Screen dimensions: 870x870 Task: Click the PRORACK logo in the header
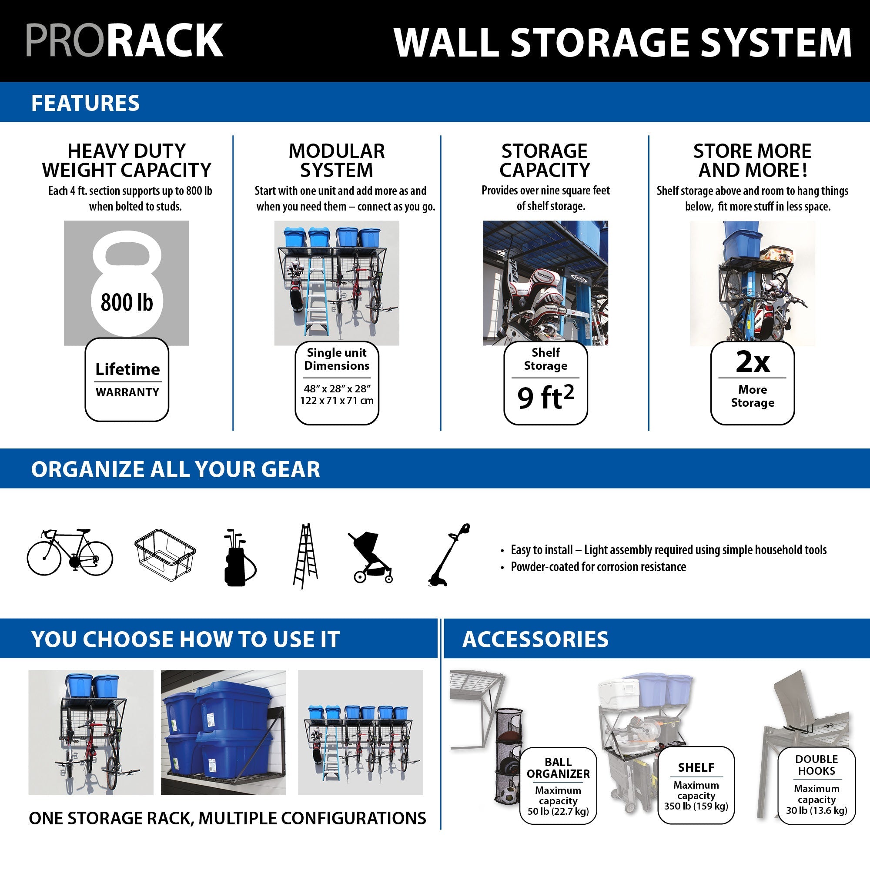[x=124, y=40]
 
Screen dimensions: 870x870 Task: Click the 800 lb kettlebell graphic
[x=127, y=284]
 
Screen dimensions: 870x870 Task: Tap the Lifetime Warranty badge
[x=127, y=380]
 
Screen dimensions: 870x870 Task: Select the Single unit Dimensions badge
[x=337, y=383]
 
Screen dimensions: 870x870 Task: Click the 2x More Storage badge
[x=752, y=383]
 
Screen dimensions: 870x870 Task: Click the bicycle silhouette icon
[x=70, y=552]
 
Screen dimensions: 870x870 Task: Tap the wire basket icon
[x=165, y=555]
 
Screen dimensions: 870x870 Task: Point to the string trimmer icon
[x=449, y=555]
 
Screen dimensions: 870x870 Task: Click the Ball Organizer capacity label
[x=558, y=786]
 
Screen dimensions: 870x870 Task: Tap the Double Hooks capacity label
[x=816, y=786]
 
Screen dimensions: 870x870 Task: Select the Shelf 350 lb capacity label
[x=696, y=786]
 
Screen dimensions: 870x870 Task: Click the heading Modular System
[x=337, y=161]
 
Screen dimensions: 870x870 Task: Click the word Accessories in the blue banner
[x=535, y=639]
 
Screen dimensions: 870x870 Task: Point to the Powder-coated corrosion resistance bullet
[x=598, y=566]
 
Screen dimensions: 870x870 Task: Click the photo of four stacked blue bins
[x=223, y=732]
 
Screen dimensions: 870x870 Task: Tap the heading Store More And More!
[x=752, y=161]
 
